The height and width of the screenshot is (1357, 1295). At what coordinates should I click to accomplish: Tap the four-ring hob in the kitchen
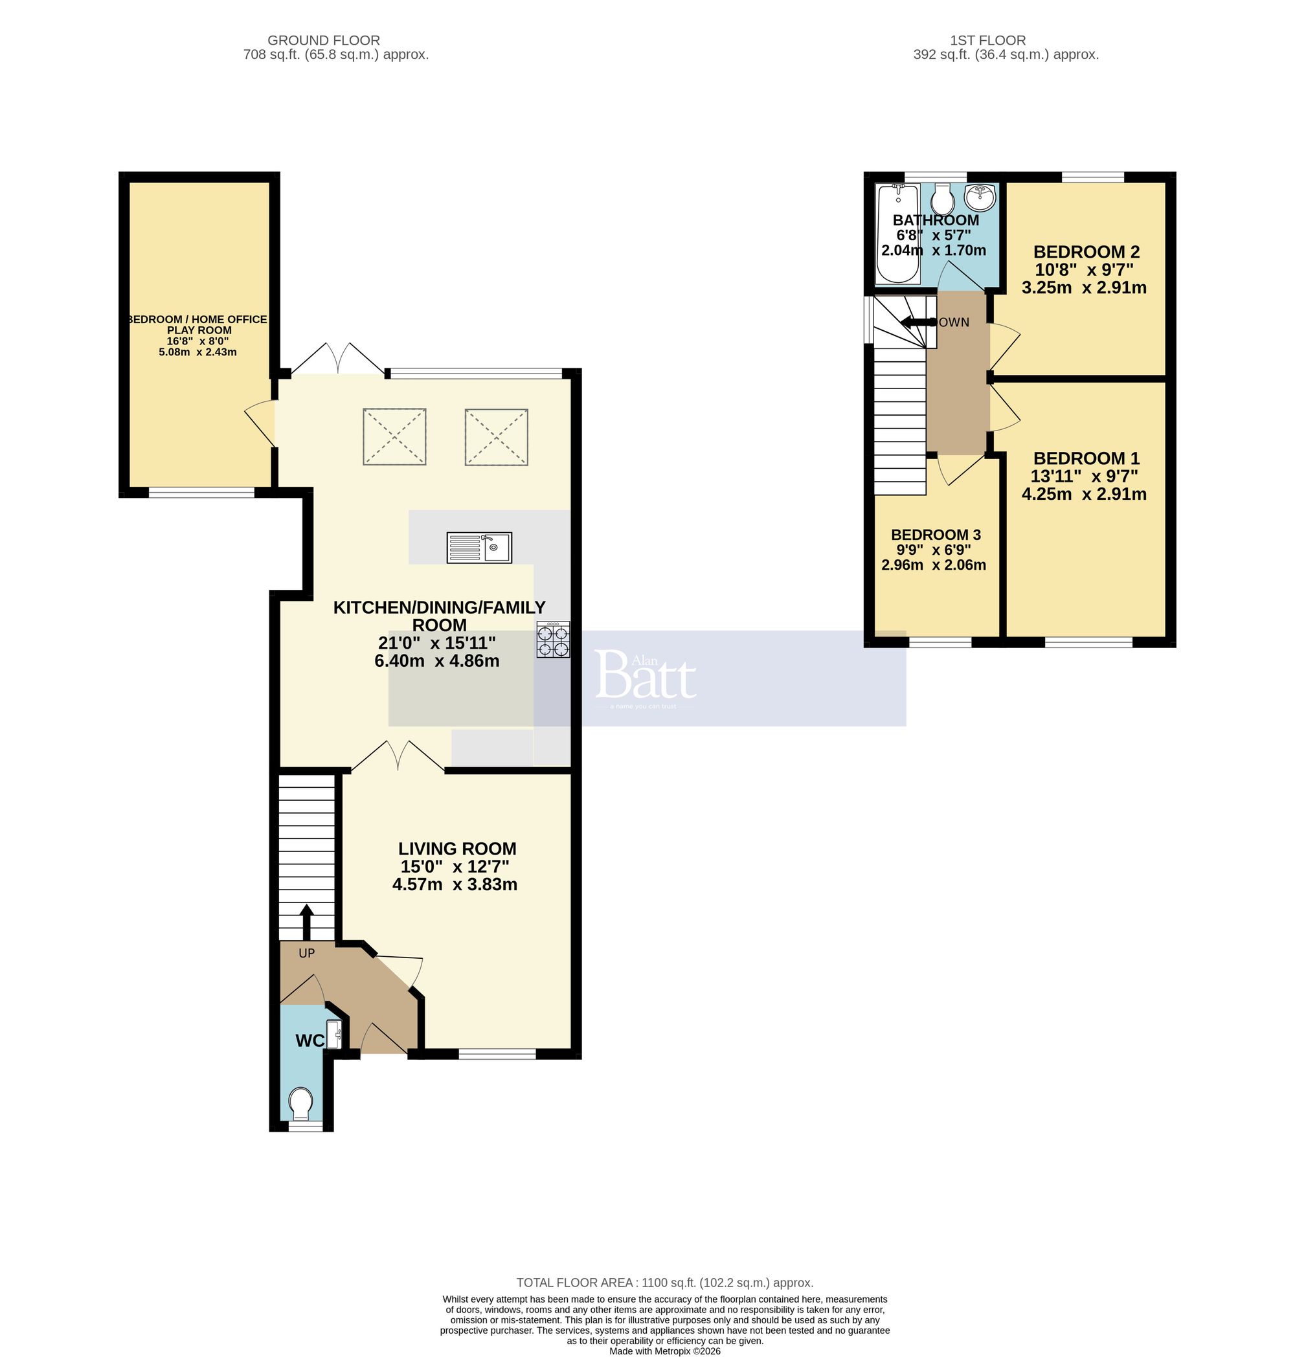pos(553,640)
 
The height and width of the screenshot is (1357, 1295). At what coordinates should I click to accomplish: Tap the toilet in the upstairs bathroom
pos(942,201)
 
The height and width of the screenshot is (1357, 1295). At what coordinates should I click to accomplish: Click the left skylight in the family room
pos(394,436)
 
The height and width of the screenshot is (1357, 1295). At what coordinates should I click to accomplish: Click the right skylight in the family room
pos(497,436)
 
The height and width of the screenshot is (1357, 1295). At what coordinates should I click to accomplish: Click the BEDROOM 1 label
pos(1086,458)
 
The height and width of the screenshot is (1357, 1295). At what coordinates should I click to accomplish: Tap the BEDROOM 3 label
pos(936,535)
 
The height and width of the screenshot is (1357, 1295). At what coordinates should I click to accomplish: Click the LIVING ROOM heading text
pos(457,849)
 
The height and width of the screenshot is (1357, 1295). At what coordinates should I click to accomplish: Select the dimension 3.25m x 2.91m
pos(1084,288)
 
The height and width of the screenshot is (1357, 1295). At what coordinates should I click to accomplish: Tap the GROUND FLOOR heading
pos(323,41)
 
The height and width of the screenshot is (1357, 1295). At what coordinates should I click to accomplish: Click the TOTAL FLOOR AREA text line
pos(664,1283)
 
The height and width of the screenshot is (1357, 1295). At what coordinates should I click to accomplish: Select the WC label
pos(310,1041)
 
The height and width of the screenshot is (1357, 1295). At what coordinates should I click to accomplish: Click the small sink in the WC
pos(334,1033)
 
